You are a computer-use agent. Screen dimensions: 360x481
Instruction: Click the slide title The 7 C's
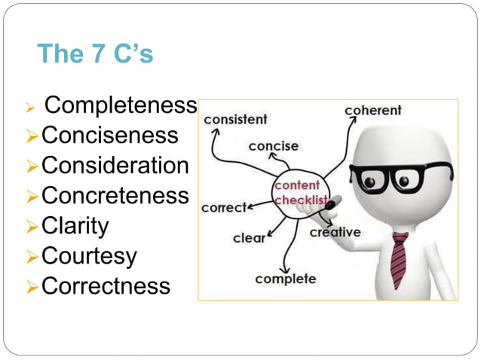[94, 54]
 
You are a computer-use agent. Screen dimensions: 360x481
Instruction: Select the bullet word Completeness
[121, 106]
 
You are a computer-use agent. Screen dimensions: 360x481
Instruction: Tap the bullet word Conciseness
[110, 136]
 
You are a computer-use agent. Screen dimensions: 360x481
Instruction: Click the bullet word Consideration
[115, 166]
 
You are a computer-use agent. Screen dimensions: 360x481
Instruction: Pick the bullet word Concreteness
[115, 196]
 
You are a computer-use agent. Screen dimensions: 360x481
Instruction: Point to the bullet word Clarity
[75, 226]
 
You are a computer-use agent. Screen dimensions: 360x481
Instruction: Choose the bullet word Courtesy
[89, 256]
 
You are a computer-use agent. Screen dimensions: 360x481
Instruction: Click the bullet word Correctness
[106, 286]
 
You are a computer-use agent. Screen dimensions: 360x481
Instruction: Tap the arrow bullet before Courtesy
[32, 257]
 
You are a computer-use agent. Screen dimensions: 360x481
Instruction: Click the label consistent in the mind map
[235, 119]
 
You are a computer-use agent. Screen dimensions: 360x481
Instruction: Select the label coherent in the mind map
[373, 111]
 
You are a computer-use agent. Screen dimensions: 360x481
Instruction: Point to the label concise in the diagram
[274, 146]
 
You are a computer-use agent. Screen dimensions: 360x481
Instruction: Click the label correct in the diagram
[224, 207]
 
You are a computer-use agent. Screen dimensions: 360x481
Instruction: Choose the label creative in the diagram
[335, 232]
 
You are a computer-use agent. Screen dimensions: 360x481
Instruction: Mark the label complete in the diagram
[285, 279]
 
